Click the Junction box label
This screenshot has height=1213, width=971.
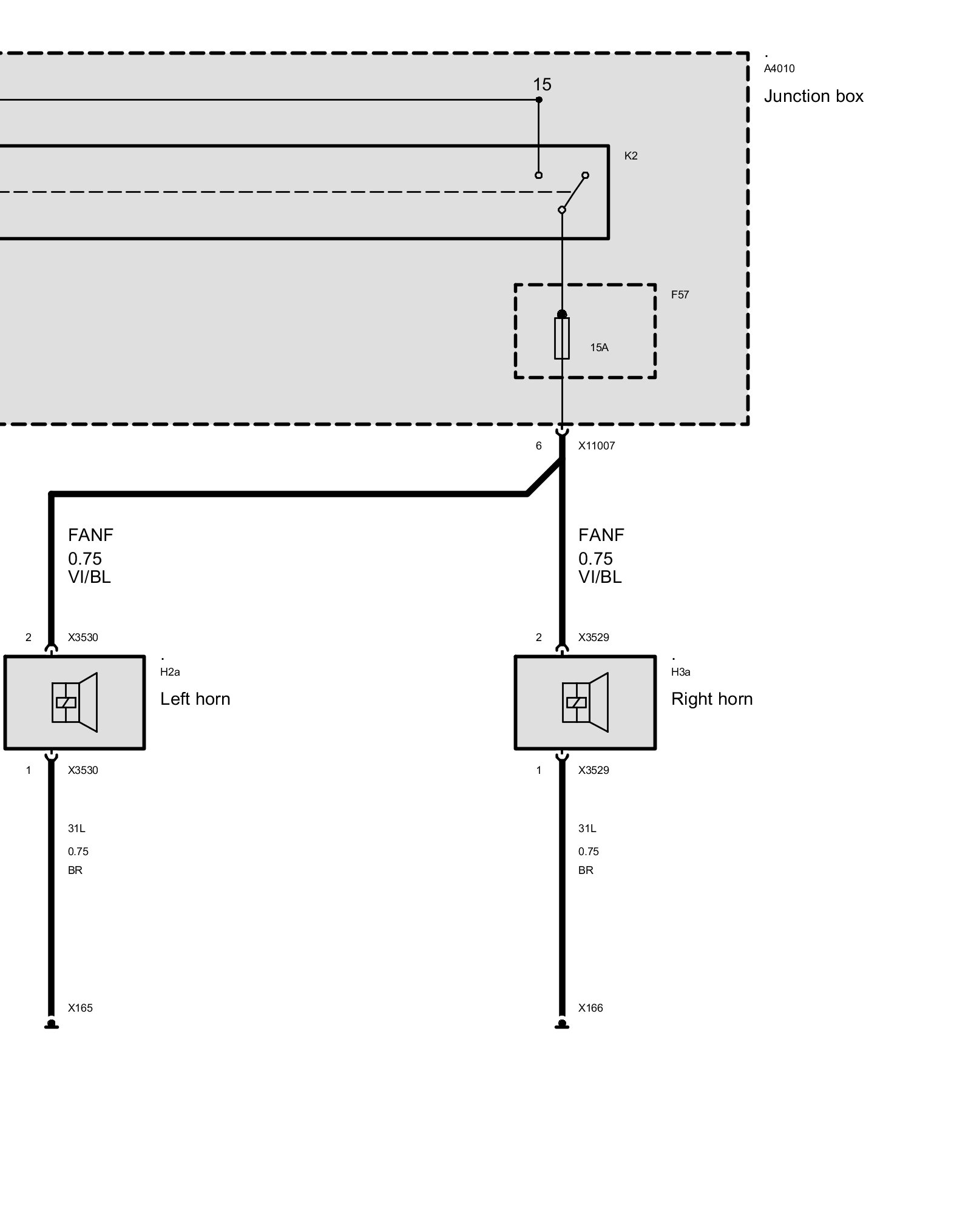coord(813,96)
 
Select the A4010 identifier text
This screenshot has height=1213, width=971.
coord(779,69)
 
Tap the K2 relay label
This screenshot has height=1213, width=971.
coord(631,156)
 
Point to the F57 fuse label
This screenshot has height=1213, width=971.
coord(680,295)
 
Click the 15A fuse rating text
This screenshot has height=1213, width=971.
coord(599,348)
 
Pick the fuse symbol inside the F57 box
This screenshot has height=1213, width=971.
coord(561,338)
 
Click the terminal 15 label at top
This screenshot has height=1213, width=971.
coord(542,84)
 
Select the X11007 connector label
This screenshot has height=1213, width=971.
coord(596,446)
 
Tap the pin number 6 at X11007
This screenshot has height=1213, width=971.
coord(538,446)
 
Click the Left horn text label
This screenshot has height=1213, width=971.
coord(195,699)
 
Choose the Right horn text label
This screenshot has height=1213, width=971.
coord(711,699)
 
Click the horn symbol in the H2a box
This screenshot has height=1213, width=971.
coord(75,702)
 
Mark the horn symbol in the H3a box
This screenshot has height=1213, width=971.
coord(585,702)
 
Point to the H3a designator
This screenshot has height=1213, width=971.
coord(680,672)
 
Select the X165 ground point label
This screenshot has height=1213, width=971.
coord(80,1008)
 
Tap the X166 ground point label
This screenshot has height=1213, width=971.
coord(590,1008)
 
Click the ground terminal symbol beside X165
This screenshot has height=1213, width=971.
coord(52,1024)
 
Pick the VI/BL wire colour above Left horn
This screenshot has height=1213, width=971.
coord(89,577)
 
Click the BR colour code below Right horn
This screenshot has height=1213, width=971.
coord(585,870)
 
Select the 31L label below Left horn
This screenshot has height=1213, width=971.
coord(76,828)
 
